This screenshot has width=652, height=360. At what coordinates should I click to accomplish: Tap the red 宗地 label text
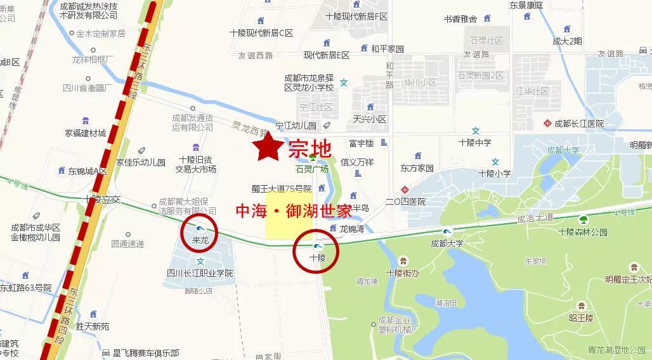[x=310, y=149]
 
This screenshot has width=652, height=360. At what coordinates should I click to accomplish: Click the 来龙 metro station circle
[x=200, y=233]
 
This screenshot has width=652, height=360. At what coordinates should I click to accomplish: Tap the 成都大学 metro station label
[x=447, y=243]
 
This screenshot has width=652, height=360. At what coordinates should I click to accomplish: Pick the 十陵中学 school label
[x=475, y=143]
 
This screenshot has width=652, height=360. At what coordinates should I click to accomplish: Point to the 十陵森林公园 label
[x=583, y=231]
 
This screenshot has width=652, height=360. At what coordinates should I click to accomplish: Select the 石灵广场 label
[x=311, y=169]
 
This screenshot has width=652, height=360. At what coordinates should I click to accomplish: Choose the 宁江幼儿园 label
[x=296, y=125]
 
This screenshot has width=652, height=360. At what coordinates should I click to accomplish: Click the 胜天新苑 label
[x=93, y=326]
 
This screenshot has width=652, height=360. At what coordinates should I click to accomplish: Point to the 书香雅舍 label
[x=460, y=19]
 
